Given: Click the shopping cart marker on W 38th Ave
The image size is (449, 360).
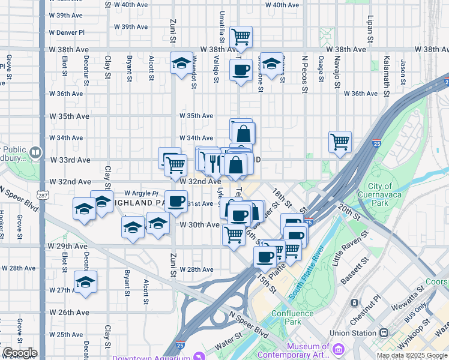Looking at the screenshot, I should [241, 37].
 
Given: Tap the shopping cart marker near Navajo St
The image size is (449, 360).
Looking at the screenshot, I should [340, 142].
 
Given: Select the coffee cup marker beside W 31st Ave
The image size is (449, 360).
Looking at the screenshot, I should [176, 202].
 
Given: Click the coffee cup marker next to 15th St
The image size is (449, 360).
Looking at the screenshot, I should [264, 257].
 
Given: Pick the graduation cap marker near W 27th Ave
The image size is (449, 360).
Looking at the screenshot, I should [85, 282].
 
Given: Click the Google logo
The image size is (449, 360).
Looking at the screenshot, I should [19, 353].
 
